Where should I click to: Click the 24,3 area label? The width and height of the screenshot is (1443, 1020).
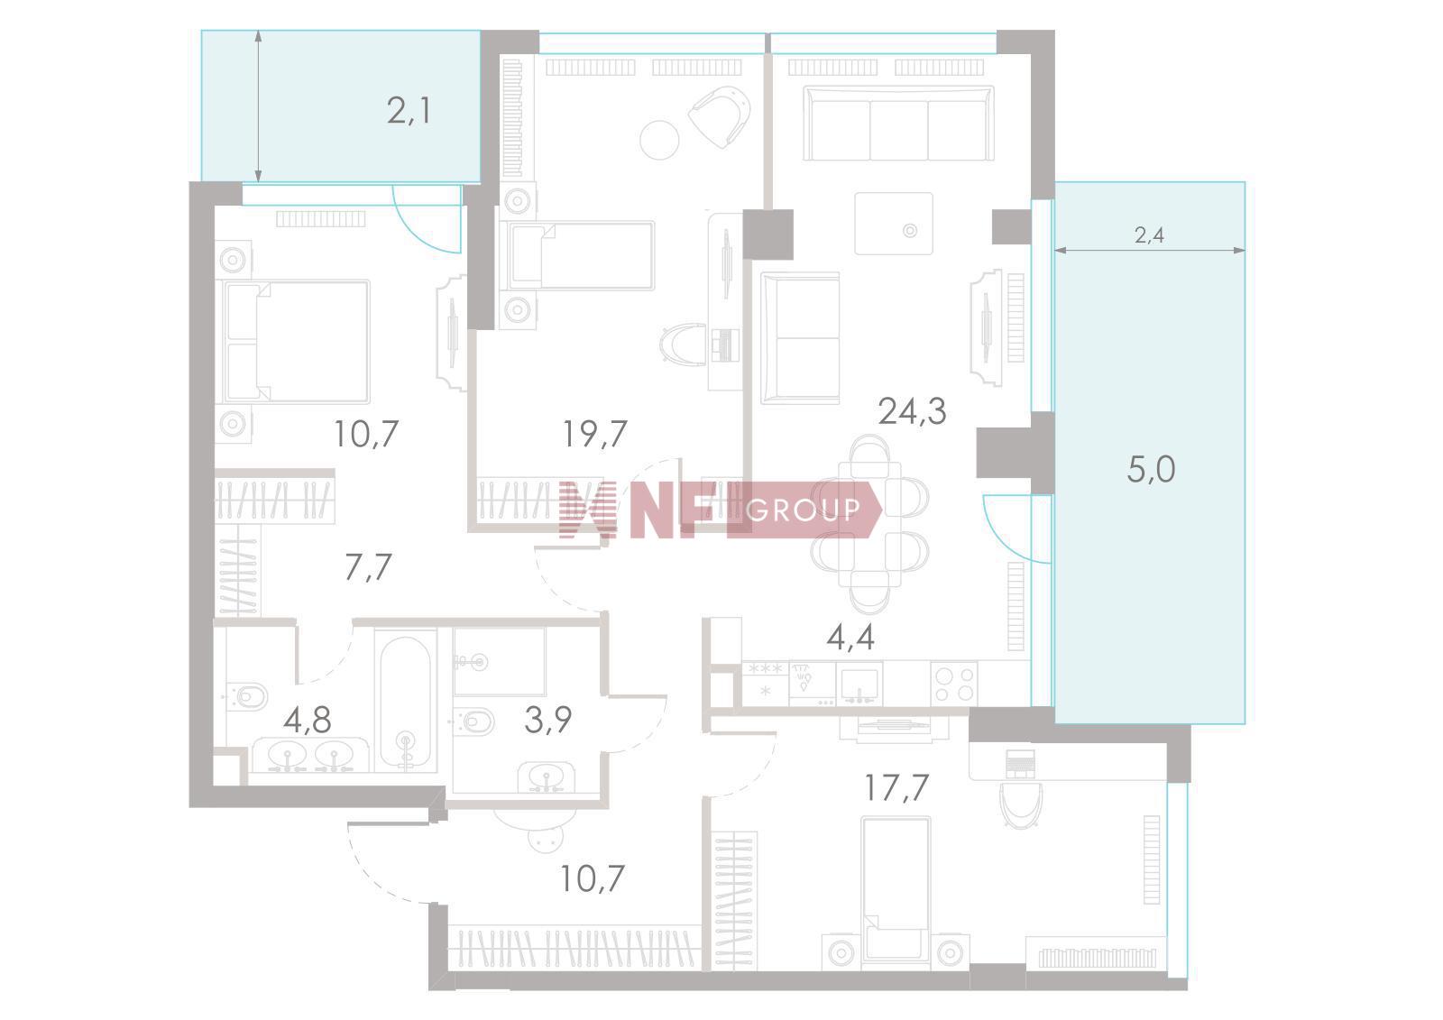point(912,411)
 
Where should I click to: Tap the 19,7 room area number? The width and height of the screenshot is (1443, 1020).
point(594,434)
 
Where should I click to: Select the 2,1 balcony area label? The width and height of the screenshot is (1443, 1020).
point(409,111)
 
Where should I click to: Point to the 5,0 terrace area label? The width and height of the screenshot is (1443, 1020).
point(1151,469)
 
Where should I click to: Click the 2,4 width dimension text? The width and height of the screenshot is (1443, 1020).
point(1149,235)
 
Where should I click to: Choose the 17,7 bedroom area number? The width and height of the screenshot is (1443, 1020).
point(896,787)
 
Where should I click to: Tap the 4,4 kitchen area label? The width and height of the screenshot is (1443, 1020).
point(850,638)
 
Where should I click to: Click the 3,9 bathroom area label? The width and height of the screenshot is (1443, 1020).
point(547,720)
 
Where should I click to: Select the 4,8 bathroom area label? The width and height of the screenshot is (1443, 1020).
point(308,720)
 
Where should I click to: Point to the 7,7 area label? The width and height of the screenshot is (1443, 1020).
point(368,567)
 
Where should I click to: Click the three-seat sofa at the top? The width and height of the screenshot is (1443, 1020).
point(898,123)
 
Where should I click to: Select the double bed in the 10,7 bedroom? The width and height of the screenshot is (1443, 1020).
point(297,341)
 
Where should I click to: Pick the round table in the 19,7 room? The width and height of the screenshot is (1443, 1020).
point(659,140)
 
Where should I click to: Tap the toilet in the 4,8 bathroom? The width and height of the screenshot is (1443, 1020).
point(247,696)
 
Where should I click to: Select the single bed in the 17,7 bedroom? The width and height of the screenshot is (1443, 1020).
point(896,893)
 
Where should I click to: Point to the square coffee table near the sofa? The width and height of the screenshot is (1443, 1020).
point(894,224)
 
